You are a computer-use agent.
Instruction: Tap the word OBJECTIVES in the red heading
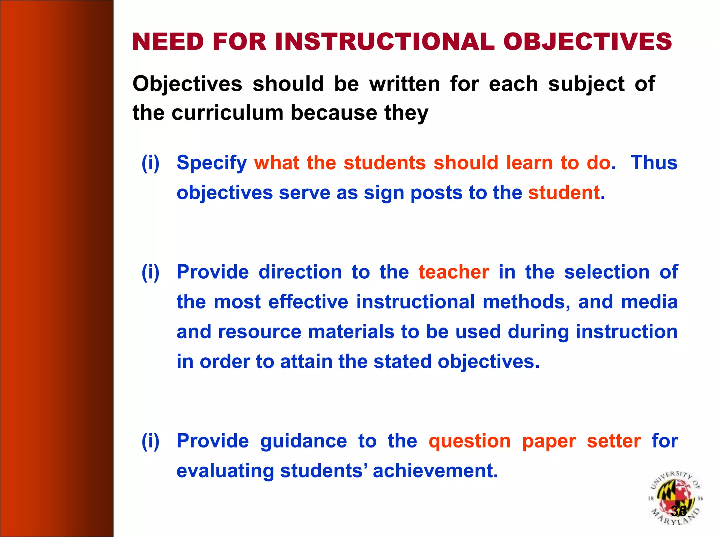point(587,42)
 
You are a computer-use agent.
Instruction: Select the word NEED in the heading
point(168,42)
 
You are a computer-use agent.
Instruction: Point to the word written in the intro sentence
point(405,84)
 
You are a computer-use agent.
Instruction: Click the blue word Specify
point(212,163)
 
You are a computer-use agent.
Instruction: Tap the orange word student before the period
point(564,193)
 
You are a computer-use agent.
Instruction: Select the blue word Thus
point(654,163)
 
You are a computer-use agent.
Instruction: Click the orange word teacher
point(454,272)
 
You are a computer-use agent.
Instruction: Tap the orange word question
point(470,441)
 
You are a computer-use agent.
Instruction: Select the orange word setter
point(613,441)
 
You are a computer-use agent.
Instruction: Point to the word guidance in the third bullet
point(303,441)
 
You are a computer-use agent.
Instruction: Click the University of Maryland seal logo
point(675,498)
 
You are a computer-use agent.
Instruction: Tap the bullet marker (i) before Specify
point(150,163)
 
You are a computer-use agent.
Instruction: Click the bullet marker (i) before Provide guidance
point(150,441)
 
